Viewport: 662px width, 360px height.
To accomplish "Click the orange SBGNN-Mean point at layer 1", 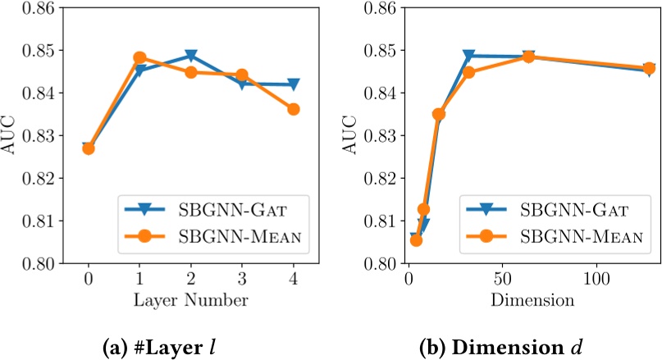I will [x=139, y=58].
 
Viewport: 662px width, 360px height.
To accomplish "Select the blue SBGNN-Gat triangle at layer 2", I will [x=191, y=56].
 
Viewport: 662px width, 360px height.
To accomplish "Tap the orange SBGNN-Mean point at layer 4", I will [x=293, y=109].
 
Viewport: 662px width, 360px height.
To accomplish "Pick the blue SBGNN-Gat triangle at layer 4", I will [x=293, y=84].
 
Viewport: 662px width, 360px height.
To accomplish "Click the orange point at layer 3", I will [x=242, y=75].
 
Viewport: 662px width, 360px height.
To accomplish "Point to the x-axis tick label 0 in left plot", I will [x=89, y=279].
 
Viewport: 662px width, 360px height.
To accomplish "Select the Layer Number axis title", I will [x=190, y=300].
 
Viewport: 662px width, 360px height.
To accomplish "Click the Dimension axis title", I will [x=532, y=300].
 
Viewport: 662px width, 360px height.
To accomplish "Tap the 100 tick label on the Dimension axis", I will [x=596, y=279].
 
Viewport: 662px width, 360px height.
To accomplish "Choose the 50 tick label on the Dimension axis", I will [x=502, y=279].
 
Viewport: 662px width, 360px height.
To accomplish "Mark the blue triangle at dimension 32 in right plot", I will [x=469, y=56].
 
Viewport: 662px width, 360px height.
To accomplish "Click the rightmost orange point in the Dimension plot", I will [x=649, y=69].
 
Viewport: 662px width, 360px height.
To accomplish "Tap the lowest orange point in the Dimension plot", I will [x=416, y=240].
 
